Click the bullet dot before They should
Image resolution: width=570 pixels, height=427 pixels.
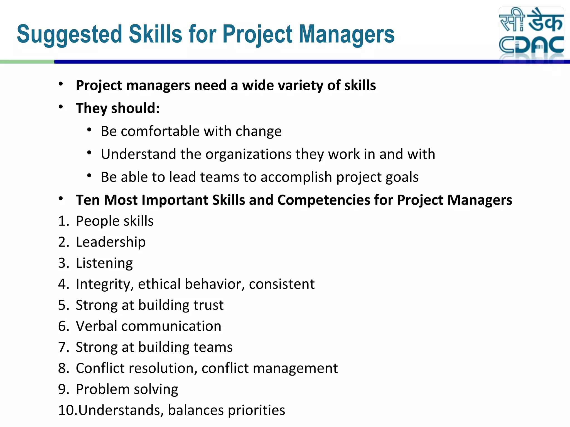click(x=61, y=107)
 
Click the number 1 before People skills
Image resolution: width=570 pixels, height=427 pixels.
click(x=62, y=221)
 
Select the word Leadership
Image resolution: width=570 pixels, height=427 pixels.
click(x=110, y=242)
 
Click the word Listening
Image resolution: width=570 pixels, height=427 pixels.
click(x=104, y=263)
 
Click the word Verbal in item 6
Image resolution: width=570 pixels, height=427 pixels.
click(x=96, y=326)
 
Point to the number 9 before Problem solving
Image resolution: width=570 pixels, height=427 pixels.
click(x=62, y=389)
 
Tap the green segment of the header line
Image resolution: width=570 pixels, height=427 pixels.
click(x=27, y=62)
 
